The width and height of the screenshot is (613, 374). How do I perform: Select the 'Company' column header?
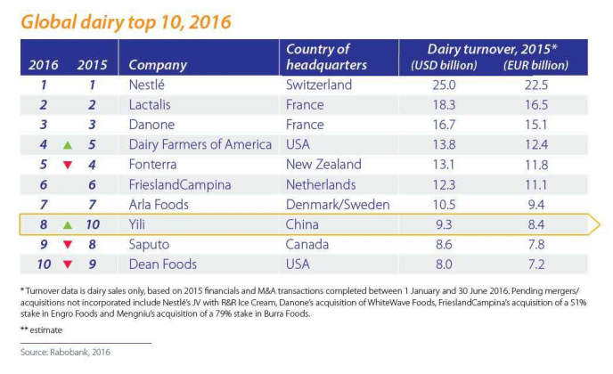point(158,65)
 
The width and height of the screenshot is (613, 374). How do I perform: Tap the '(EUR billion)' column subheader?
point(537,66)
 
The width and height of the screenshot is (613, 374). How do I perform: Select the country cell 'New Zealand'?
point(323,164)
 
